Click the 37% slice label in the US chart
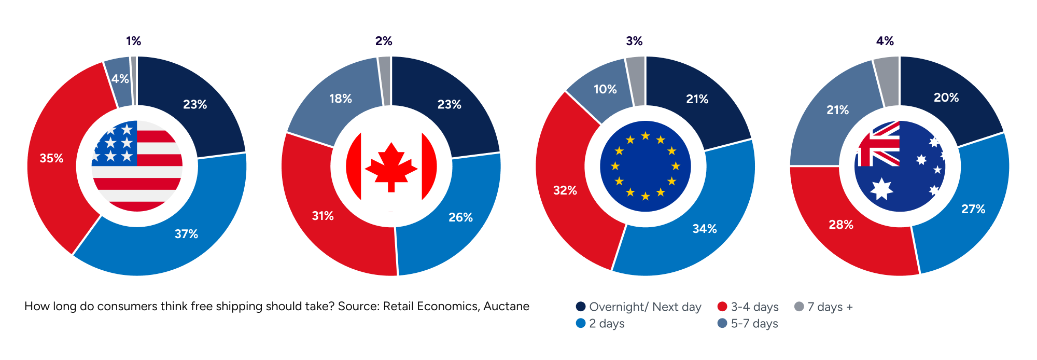pos(186,234)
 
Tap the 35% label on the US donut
pos(51,158)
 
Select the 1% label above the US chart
pos(133,41)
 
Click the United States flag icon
pos(137,166)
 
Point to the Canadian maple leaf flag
pos(391,166)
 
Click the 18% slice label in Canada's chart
pos(341,99)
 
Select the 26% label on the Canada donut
pos(460,217)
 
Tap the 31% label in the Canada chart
pos(323,216)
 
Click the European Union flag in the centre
pos(646,166)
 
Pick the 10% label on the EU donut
pos(605,89)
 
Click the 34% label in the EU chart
pos(705,229)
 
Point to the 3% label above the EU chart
pos(634,41)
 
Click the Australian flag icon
pos(900,166)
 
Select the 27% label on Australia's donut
pos(973,209)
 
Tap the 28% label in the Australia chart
pos(841,225)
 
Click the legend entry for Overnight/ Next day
pos(638,307)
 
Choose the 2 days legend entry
pos(600,323)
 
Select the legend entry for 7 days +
pos(823,307)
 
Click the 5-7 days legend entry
pos(747,323)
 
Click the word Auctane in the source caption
pos(506,306)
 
